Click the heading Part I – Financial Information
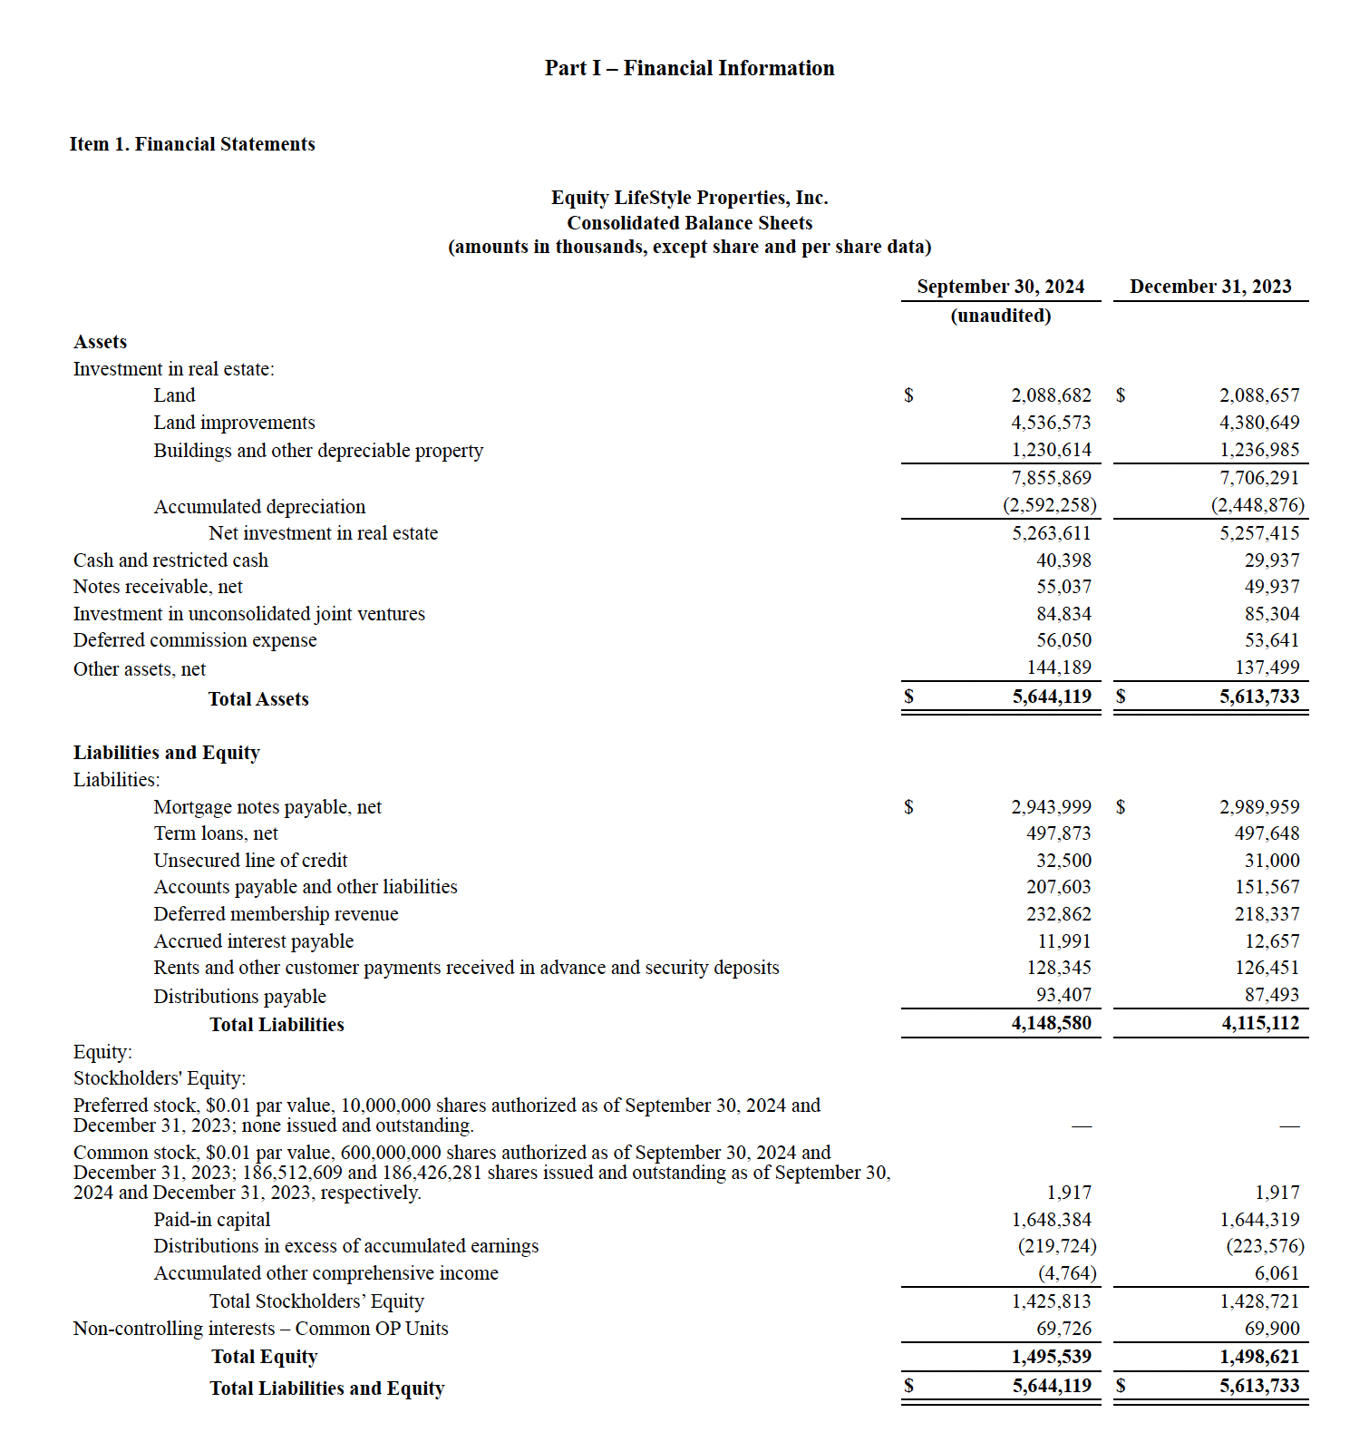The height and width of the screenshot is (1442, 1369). point(689,68)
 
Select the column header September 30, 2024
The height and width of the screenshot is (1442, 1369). point(1000,287)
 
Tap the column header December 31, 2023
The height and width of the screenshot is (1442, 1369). point(1209,287)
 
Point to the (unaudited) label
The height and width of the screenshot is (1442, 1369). point(1000,316)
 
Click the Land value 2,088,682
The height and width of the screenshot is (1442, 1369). point(1051,395)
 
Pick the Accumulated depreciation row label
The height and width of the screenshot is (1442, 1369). point(259,506)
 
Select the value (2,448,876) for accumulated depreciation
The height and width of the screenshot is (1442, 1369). point(1257,505)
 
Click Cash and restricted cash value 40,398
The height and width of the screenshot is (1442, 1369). point(1063,560)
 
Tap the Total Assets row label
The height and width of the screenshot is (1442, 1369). point(258,699)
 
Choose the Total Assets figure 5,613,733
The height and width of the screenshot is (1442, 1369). point(1258,697)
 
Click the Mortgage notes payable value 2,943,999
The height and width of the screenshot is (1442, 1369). point(1051,807)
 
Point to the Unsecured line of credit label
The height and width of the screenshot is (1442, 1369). point(250,861)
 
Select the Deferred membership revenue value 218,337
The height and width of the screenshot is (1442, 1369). point(1267,914)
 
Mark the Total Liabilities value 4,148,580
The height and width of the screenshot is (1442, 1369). point(1051,1023)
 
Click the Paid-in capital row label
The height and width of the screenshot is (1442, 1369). point(212,1220)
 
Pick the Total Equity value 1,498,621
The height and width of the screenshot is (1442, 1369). point(1258,1357)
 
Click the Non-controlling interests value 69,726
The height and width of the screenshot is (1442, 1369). point(1063,1329)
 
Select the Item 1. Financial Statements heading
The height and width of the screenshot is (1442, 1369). point(192,144)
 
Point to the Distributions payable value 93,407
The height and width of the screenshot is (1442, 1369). point(1063,995)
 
